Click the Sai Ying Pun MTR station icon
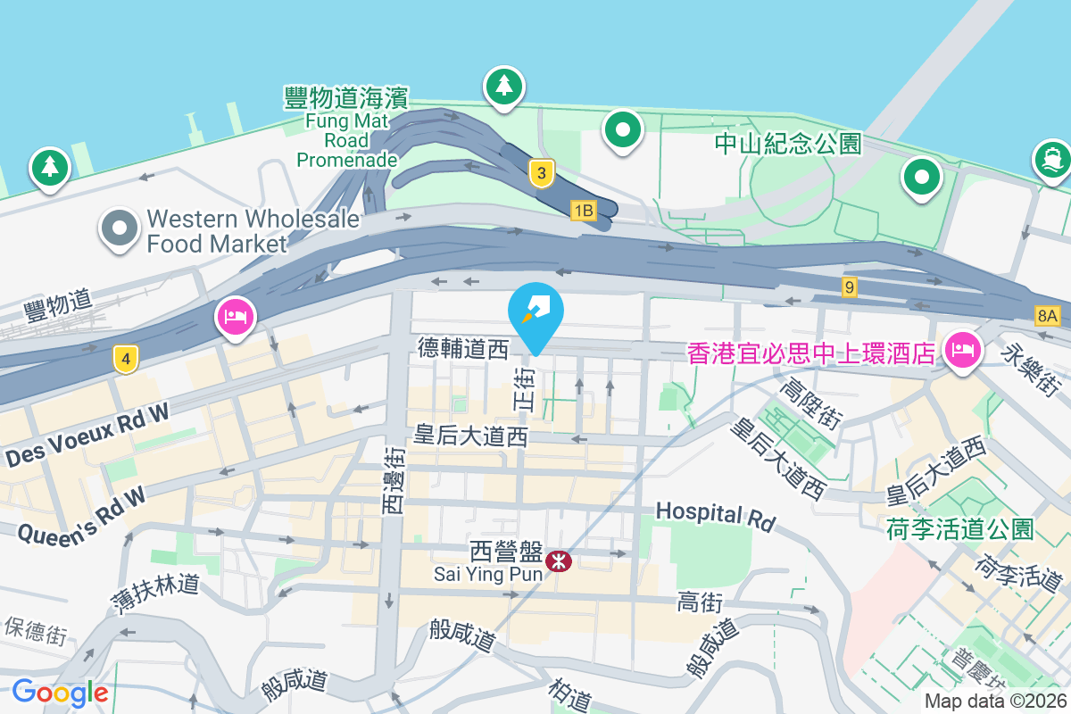click(x=560, y=560)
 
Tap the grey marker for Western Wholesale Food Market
click(x=120, y=228)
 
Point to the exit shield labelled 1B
click(x=583, y=211)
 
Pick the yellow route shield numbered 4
click(x=127, y=360)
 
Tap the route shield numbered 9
click(x=850, y=287)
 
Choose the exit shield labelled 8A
click(x=1047, y=315)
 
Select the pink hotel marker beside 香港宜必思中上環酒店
click(x=962, y=348)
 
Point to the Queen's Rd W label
click(x=82, y=516)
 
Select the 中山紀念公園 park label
click(x=788, y=143)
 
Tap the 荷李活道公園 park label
click(x=959, y=528)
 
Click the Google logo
click(x=60, y=693)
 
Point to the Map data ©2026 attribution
click(x=995, y=702)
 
